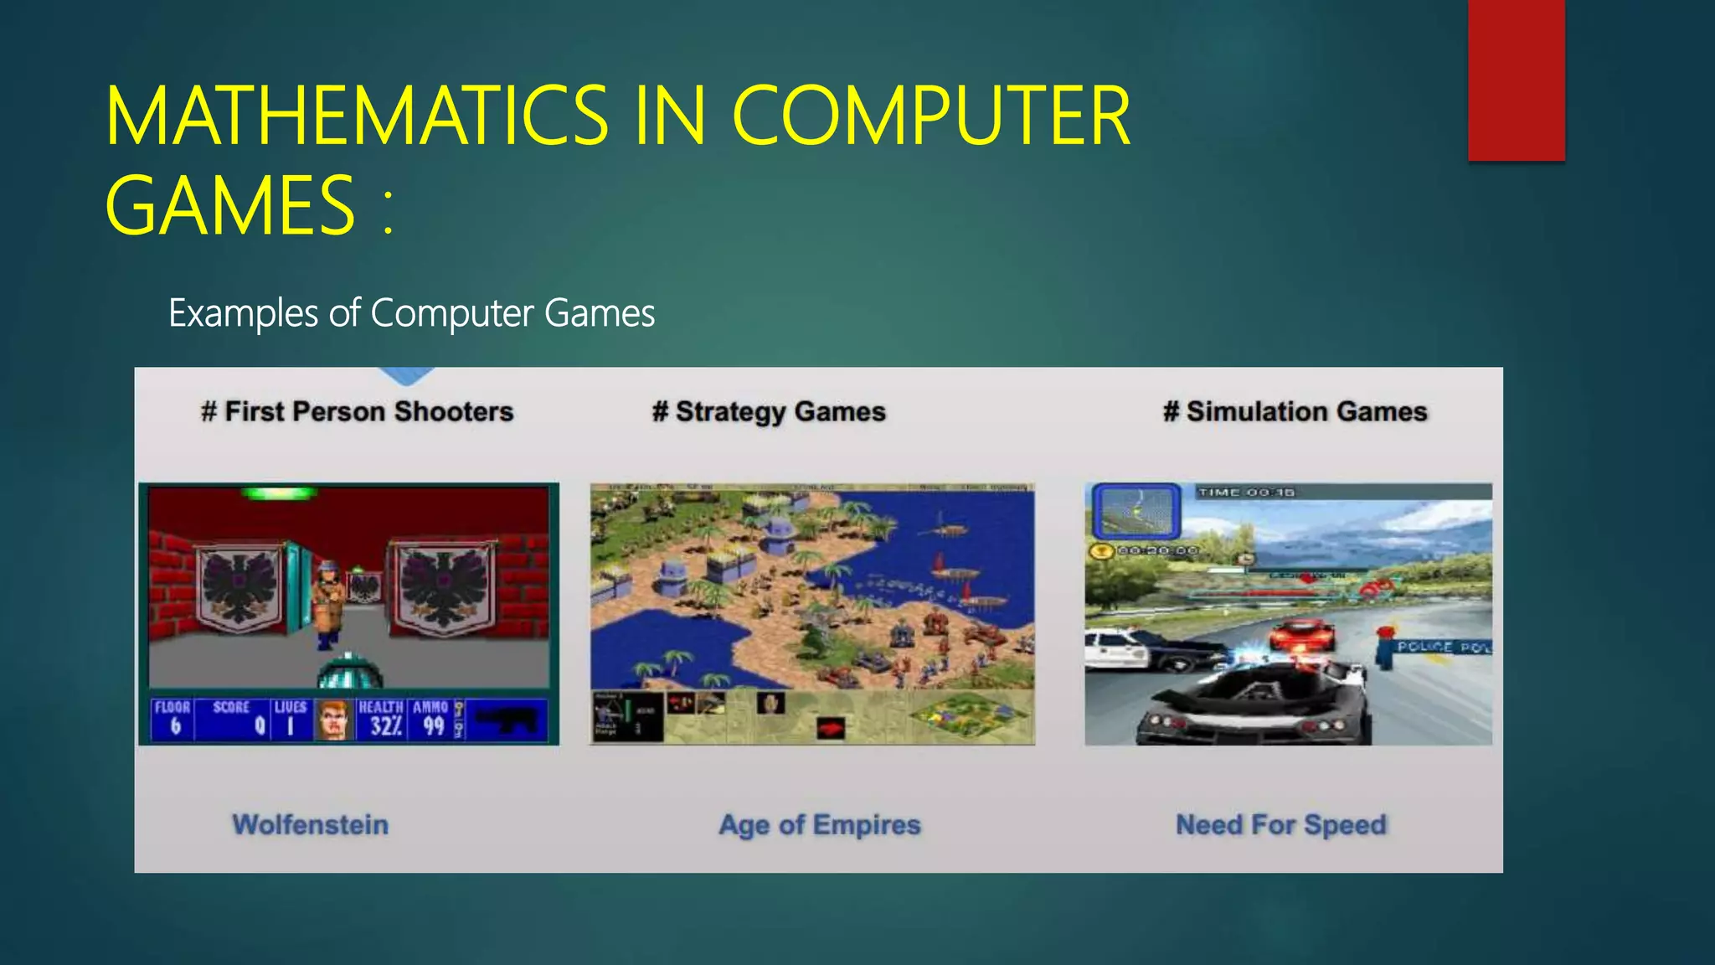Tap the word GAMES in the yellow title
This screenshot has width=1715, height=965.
tap(231, 206)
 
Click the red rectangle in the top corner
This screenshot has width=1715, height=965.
tap(1516, 80)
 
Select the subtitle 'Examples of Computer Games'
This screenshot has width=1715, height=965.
tap(411, 313)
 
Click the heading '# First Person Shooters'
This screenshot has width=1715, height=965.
tap(358, 412)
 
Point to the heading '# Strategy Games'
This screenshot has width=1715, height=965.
tap(769, 412)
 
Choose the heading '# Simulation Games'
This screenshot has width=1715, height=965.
tap(1295, 412)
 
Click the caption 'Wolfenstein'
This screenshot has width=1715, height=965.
tap(311, 825)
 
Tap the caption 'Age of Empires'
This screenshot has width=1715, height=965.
tap(820, 825)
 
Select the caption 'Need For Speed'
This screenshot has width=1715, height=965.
tap(1281, 825)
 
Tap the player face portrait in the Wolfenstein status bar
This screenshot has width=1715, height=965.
tap(333, 720)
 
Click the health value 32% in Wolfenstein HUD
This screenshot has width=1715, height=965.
tap(386, 725)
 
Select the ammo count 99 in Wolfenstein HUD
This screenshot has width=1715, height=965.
tap(433, 725)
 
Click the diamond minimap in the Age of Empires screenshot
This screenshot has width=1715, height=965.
tap(971, 715)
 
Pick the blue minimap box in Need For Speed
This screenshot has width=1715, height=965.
tap(1136, 510)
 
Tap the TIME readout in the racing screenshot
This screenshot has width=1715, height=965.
tap(1246, 493)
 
